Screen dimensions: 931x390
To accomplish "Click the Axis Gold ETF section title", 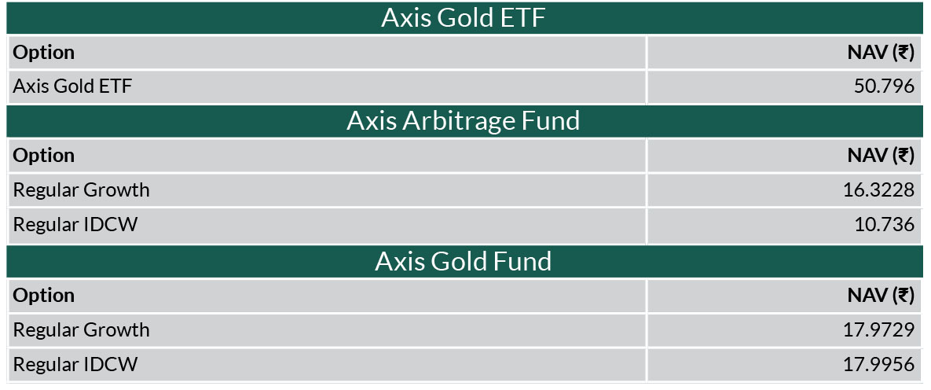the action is coord(463,18).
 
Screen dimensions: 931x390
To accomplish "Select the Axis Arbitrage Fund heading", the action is coord(463,120).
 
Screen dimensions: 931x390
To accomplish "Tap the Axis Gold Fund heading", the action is coord(463,261).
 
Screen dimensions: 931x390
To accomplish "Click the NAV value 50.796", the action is coord(884,86).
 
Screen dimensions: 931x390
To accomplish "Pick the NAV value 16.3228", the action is coord(878,190).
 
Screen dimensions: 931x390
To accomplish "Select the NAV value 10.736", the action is coord(884,225).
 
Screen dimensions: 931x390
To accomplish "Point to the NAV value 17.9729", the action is coord(878,330).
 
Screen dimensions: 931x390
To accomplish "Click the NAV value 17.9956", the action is coord(878,364).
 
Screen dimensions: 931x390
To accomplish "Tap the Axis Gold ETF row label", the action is coord(72,86).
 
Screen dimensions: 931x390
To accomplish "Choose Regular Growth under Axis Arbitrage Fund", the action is coord(82,190).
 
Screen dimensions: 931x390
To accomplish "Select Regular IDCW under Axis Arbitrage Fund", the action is coord(75,225).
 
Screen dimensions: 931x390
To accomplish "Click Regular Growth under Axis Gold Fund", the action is coord(82,330).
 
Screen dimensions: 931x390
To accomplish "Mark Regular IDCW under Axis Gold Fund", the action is coord(75,364).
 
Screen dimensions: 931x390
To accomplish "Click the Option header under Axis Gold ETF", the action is coord(44,53).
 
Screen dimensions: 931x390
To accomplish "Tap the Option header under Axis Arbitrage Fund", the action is coord(44,156).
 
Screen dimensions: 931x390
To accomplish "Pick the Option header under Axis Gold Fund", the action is coord(44,296).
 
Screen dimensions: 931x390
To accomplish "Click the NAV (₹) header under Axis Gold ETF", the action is coord(882,53).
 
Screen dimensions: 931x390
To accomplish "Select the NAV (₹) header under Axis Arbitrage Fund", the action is coord(882,156).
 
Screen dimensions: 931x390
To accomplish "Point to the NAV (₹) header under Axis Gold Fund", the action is coord(882,296).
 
